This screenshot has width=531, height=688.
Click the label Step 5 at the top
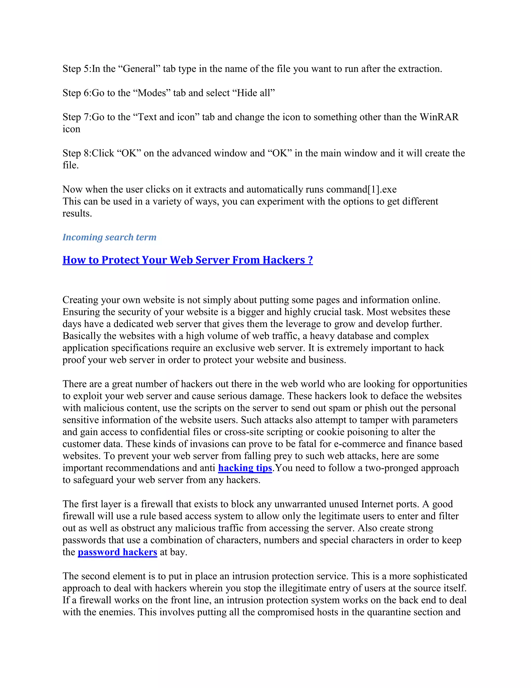pos(76,69)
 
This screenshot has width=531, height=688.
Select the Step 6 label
pos(76,93)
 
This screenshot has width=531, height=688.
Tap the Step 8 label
pos(76,153)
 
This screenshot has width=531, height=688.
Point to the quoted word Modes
pos(152,93)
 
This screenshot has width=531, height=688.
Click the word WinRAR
pos(439,117)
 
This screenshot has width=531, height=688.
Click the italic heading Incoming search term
pos(109,237)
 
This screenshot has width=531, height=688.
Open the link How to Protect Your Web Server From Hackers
pos(187,260)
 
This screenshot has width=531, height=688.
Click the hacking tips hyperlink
pos(245,468)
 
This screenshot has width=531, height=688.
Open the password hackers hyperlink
pos(117,552)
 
